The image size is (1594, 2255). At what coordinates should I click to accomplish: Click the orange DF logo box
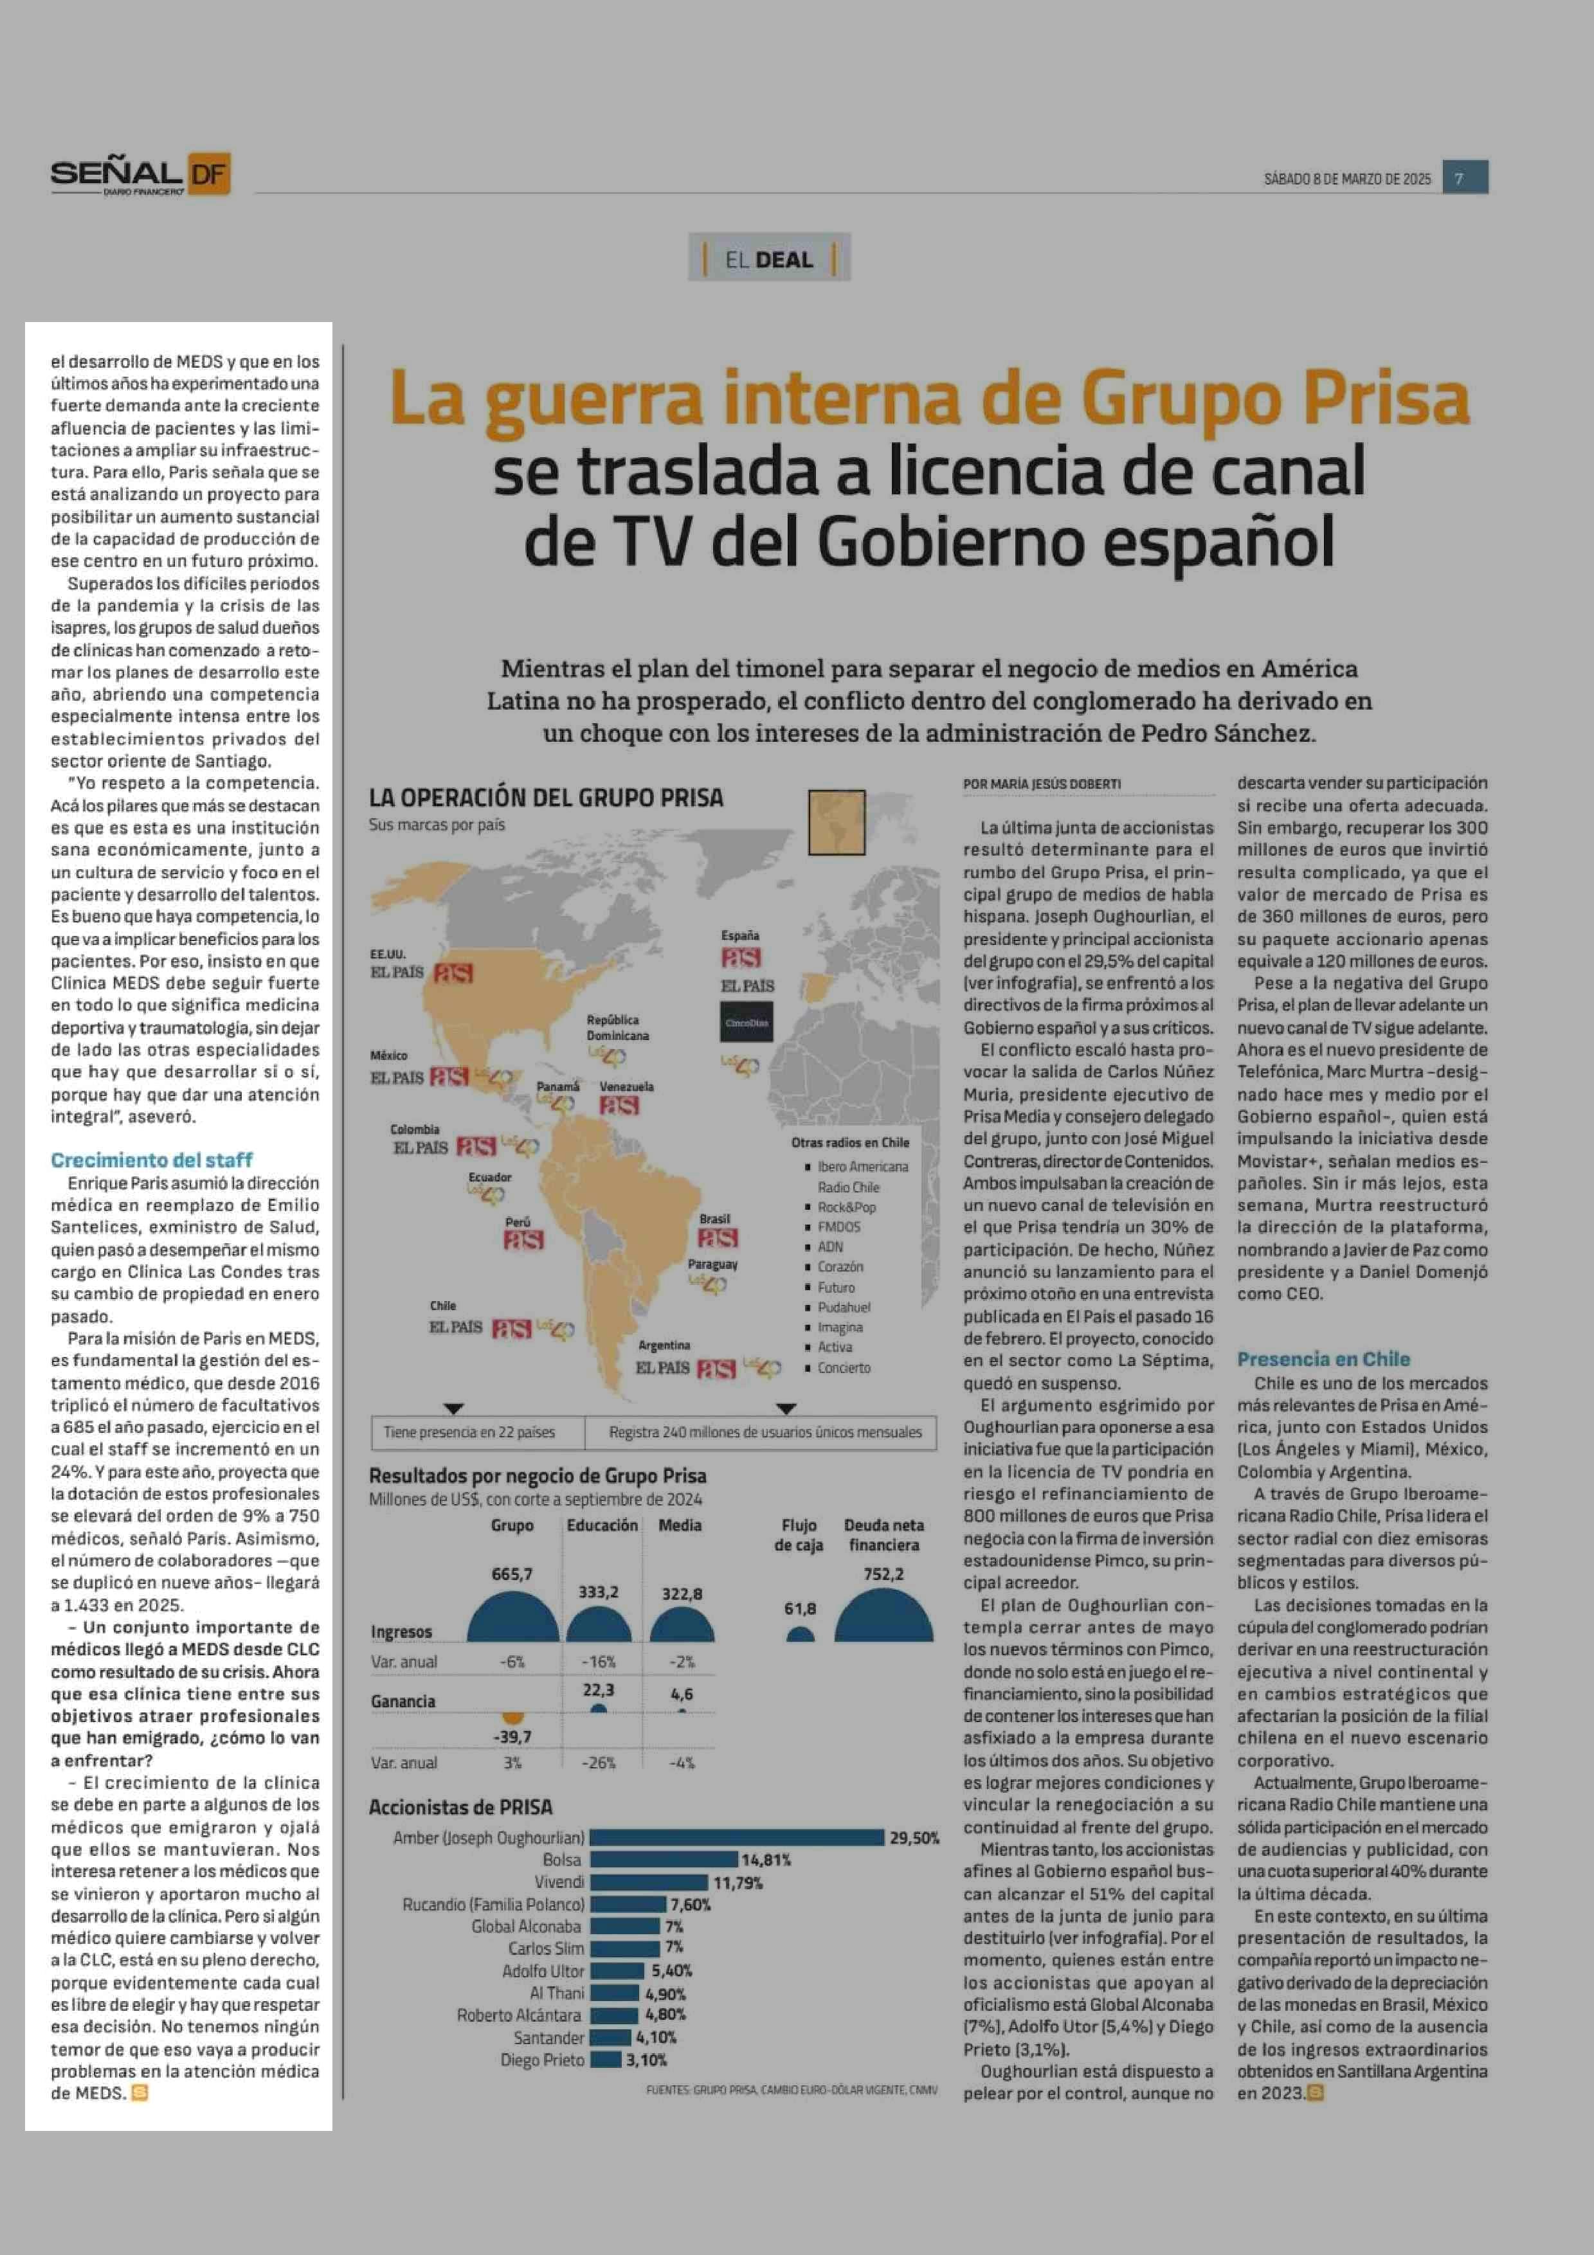pos(207,174)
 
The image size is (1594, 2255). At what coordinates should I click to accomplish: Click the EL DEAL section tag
pos(769,259)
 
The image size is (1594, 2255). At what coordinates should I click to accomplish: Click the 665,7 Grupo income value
pos(512,1574)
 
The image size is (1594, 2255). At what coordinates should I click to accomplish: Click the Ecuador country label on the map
pos(489,1176)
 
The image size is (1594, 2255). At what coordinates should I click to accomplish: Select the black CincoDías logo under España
pos(747,1023)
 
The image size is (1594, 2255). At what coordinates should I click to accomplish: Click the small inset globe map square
pos(836,822)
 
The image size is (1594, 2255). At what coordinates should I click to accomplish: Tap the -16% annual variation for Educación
pos(598,1662)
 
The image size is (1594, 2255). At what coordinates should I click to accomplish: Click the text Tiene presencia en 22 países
pos(469,1432)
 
